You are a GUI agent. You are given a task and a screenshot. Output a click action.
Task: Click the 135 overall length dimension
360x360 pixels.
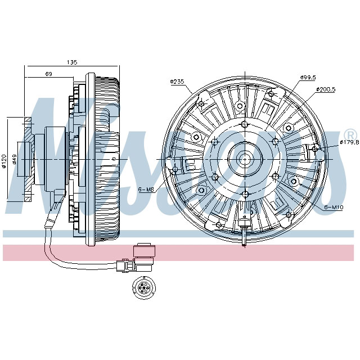point(72,62)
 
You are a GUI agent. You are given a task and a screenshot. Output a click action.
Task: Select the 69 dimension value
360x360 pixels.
point(49,74)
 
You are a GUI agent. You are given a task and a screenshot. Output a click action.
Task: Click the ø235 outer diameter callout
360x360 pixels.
point(178,82)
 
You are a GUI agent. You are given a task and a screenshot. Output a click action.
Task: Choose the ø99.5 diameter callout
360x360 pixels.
point(308,77)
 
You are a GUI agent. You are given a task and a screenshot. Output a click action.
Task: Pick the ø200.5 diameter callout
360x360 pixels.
point(326,89)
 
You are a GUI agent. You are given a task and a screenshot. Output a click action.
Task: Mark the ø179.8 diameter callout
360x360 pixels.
point(349,143)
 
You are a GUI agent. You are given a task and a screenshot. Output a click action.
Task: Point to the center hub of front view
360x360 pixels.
point(246,159)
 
